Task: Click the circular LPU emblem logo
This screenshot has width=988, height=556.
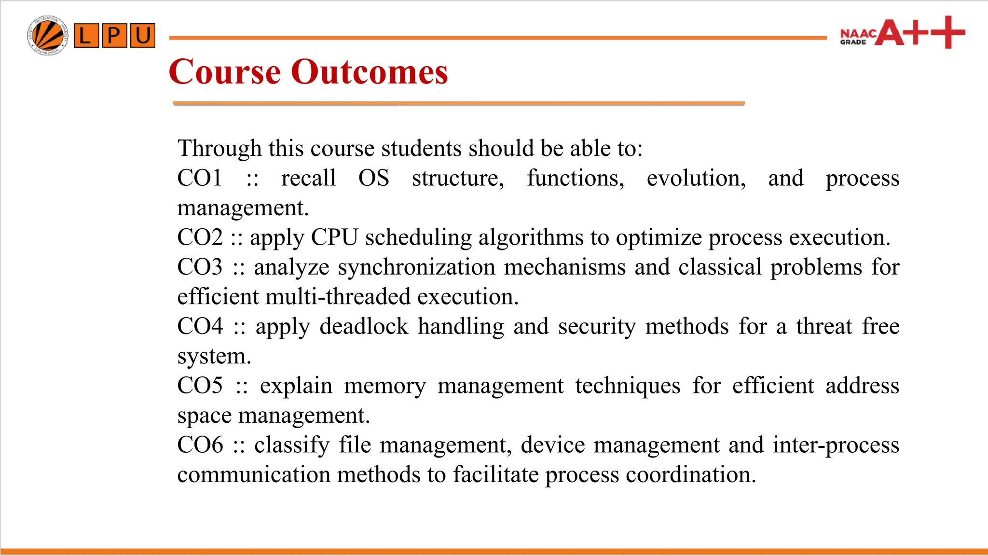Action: coord(47,35)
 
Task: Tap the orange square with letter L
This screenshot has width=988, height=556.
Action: coord(86,36)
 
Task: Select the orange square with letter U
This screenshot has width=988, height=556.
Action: coord(142,36)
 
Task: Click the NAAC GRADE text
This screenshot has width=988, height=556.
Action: coord(857,37)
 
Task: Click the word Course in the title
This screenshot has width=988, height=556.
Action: coord(225,72)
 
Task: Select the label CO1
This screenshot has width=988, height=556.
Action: coord(199,178)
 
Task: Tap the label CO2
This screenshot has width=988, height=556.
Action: coord(200,237)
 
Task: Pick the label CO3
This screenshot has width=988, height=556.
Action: coord(200,267)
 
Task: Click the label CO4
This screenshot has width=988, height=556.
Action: coord(200,326)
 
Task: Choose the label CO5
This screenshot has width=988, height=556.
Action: coord(200,386)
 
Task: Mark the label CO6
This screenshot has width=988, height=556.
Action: coord(200,445)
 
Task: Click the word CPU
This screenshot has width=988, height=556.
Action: coord(334,237)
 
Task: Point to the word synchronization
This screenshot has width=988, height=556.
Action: coord(416,267)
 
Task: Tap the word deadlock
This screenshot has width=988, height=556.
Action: coord(364,326)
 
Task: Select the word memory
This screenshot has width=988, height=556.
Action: coord(384,386)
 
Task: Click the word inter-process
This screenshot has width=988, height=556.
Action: coord(836,445)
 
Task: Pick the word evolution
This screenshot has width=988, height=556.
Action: coord(696,178)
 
